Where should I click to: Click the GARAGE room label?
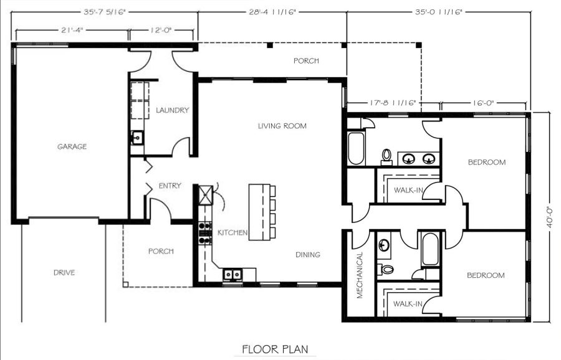pyautogui.click(x=72, y=146)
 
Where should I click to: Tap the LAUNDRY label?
pyautogui.click(x=172, y=110)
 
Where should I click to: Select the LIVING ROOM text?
pyautogui.click(x=282, y=126)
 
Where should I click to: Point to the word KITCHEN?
pyautogui.click(x=233, y=233)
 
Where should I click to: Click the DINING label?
pyautogui.click(x=308, y=255)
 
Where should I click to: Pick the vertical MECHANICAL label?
pyautogui.click(x=360, y=275)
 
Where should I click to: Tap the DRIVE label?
pyautogui.click(x=64, y=272)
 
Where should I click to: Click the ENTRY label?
pyautogui.click(x=170, y=186)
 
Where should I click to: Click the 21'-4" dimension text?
pyautogui.click(x=72, y=31)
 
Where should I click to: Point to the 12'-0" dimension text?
pyautogui.click(x=161, y=31)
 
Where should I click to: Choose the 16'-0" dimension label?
pyautogui.click(x=482, y=103)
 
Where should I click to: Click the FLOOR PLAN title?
pyautogui.click(x=275, y=349)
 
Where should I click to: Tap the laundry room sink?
pyautogui.click(x=137, y=138)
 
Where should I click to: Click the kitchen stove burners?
pyautogui.click(x=205, y=233)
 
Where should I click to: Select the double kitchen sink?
pyautogui.click(x=233, y=275)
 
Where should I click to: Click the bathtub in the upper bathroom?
pyautogui.click(x=356, y=149)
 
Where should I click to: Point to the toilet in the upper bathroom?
pyautogui.click(x=386, y=156)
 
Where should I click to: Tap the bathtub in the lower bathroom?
pyautogui.click(x=430, y=249)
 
